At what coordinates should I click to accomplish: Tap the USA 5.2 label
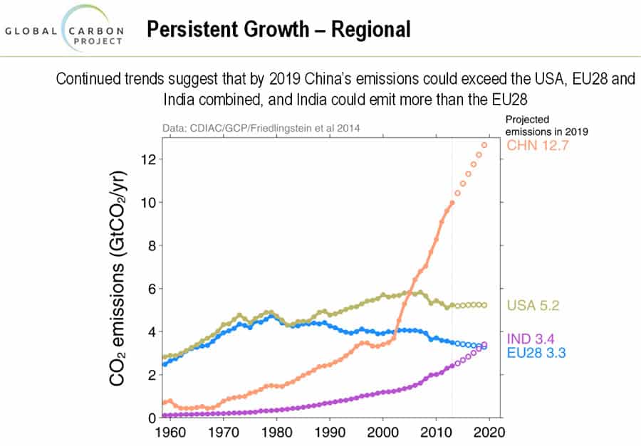533,307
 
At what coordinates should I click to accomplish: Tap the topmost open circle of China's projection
484,145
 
